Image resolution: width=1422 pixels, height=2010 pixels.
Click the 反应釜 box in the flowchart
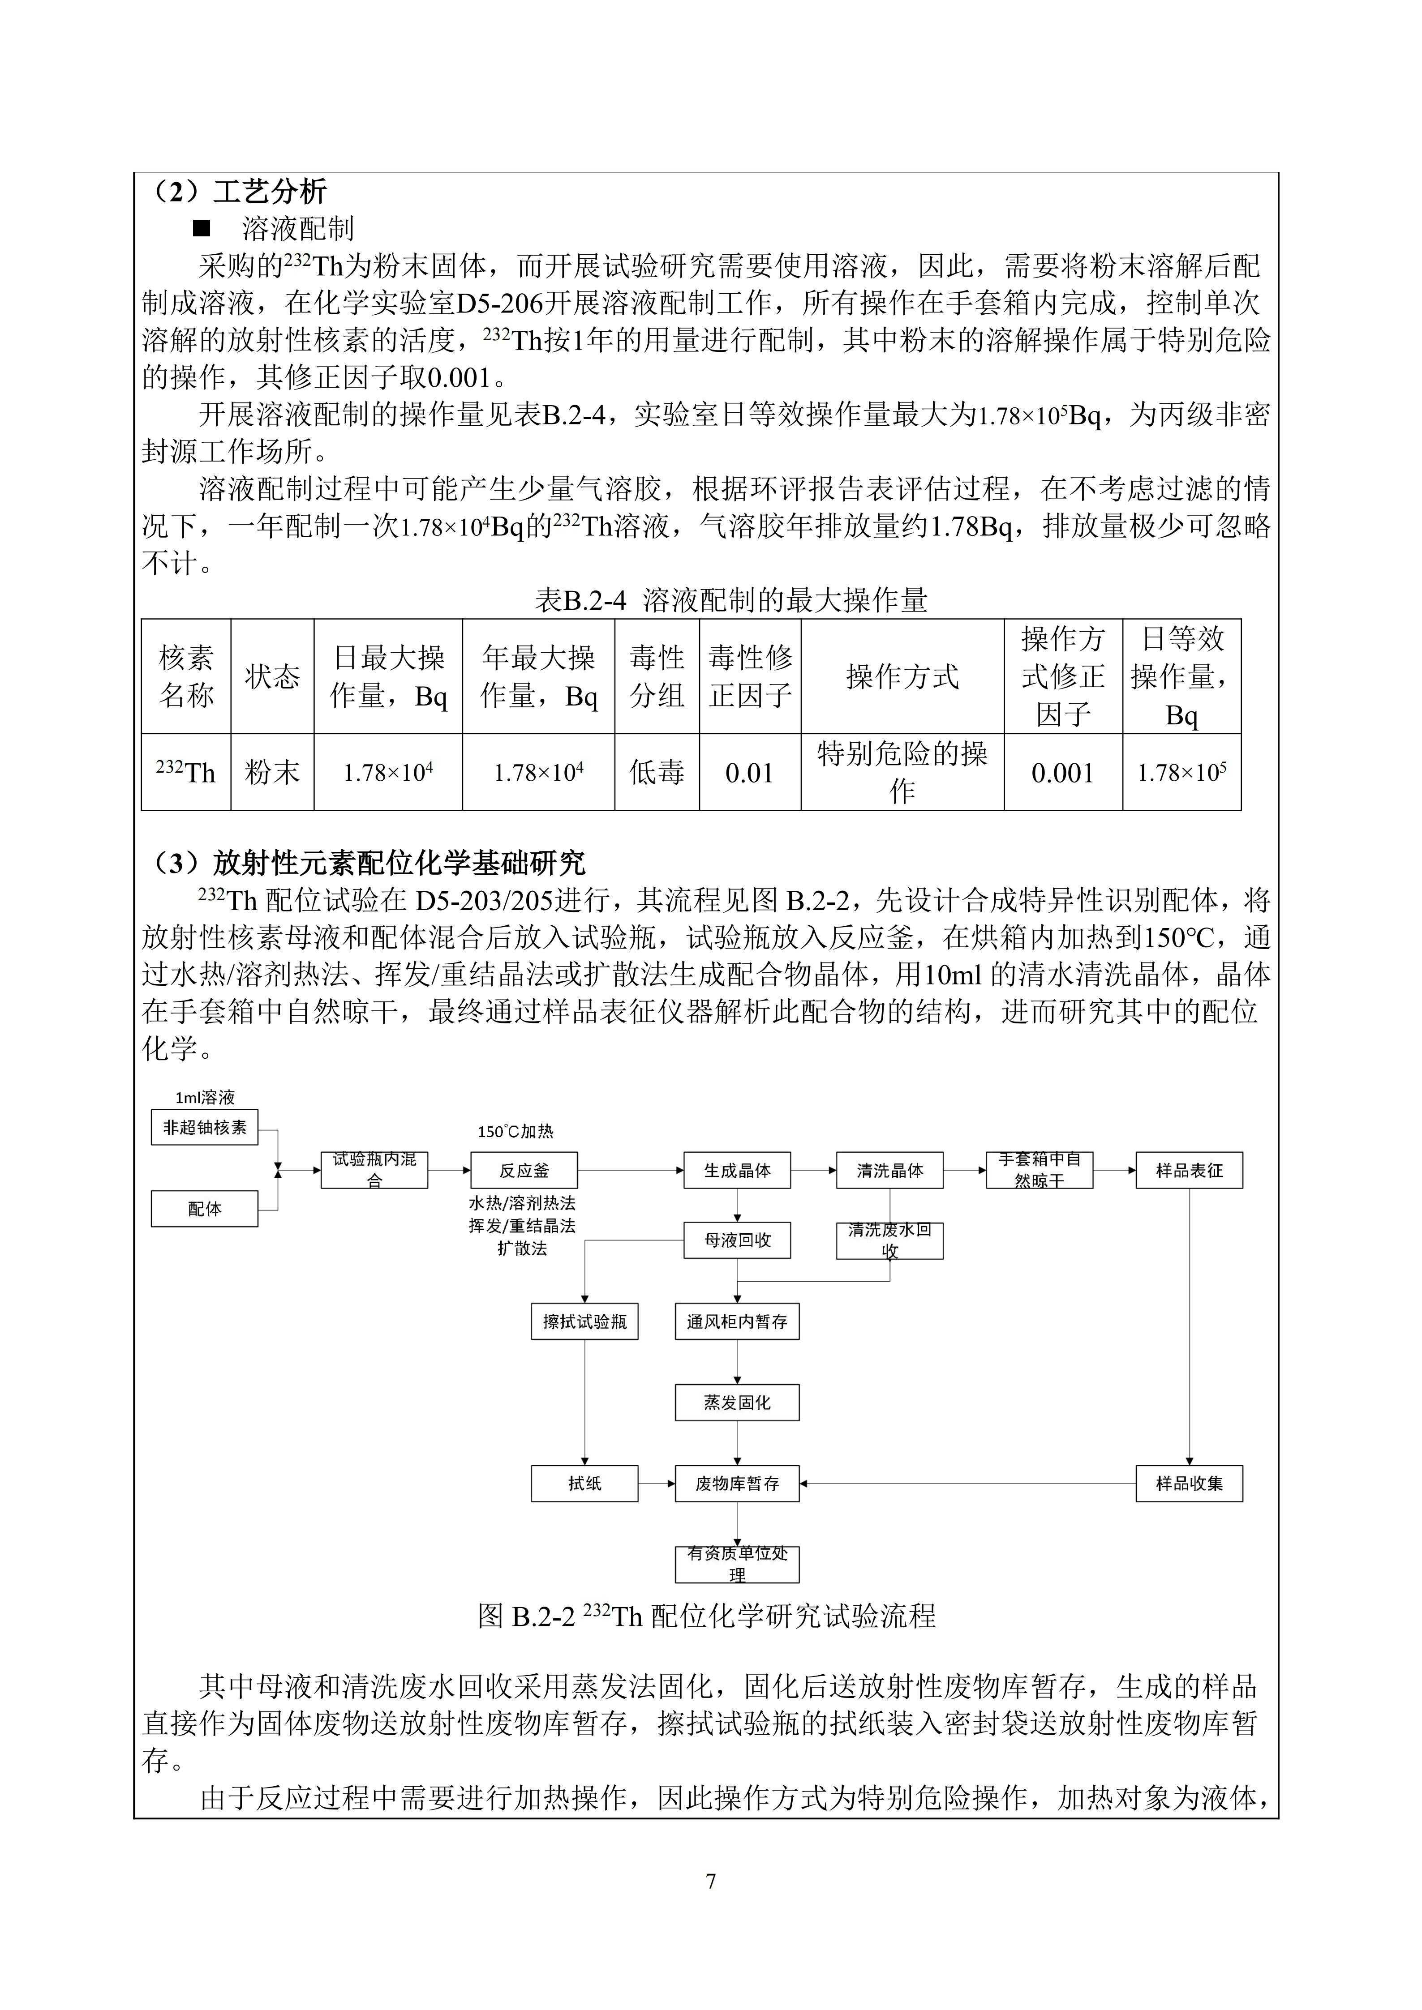524,1171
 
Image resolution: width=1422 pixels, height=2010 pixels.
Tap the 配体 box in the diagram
204,1209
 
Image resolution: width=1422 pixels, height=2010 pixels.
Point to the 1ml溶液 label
205,1098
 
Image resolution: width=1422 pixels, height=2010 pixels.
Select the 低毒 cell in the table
657,773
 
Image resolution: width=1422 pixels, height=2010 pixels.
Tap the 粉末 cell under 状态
272,773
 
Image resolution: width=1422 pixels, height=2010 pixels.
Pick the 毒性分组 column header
657,677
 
